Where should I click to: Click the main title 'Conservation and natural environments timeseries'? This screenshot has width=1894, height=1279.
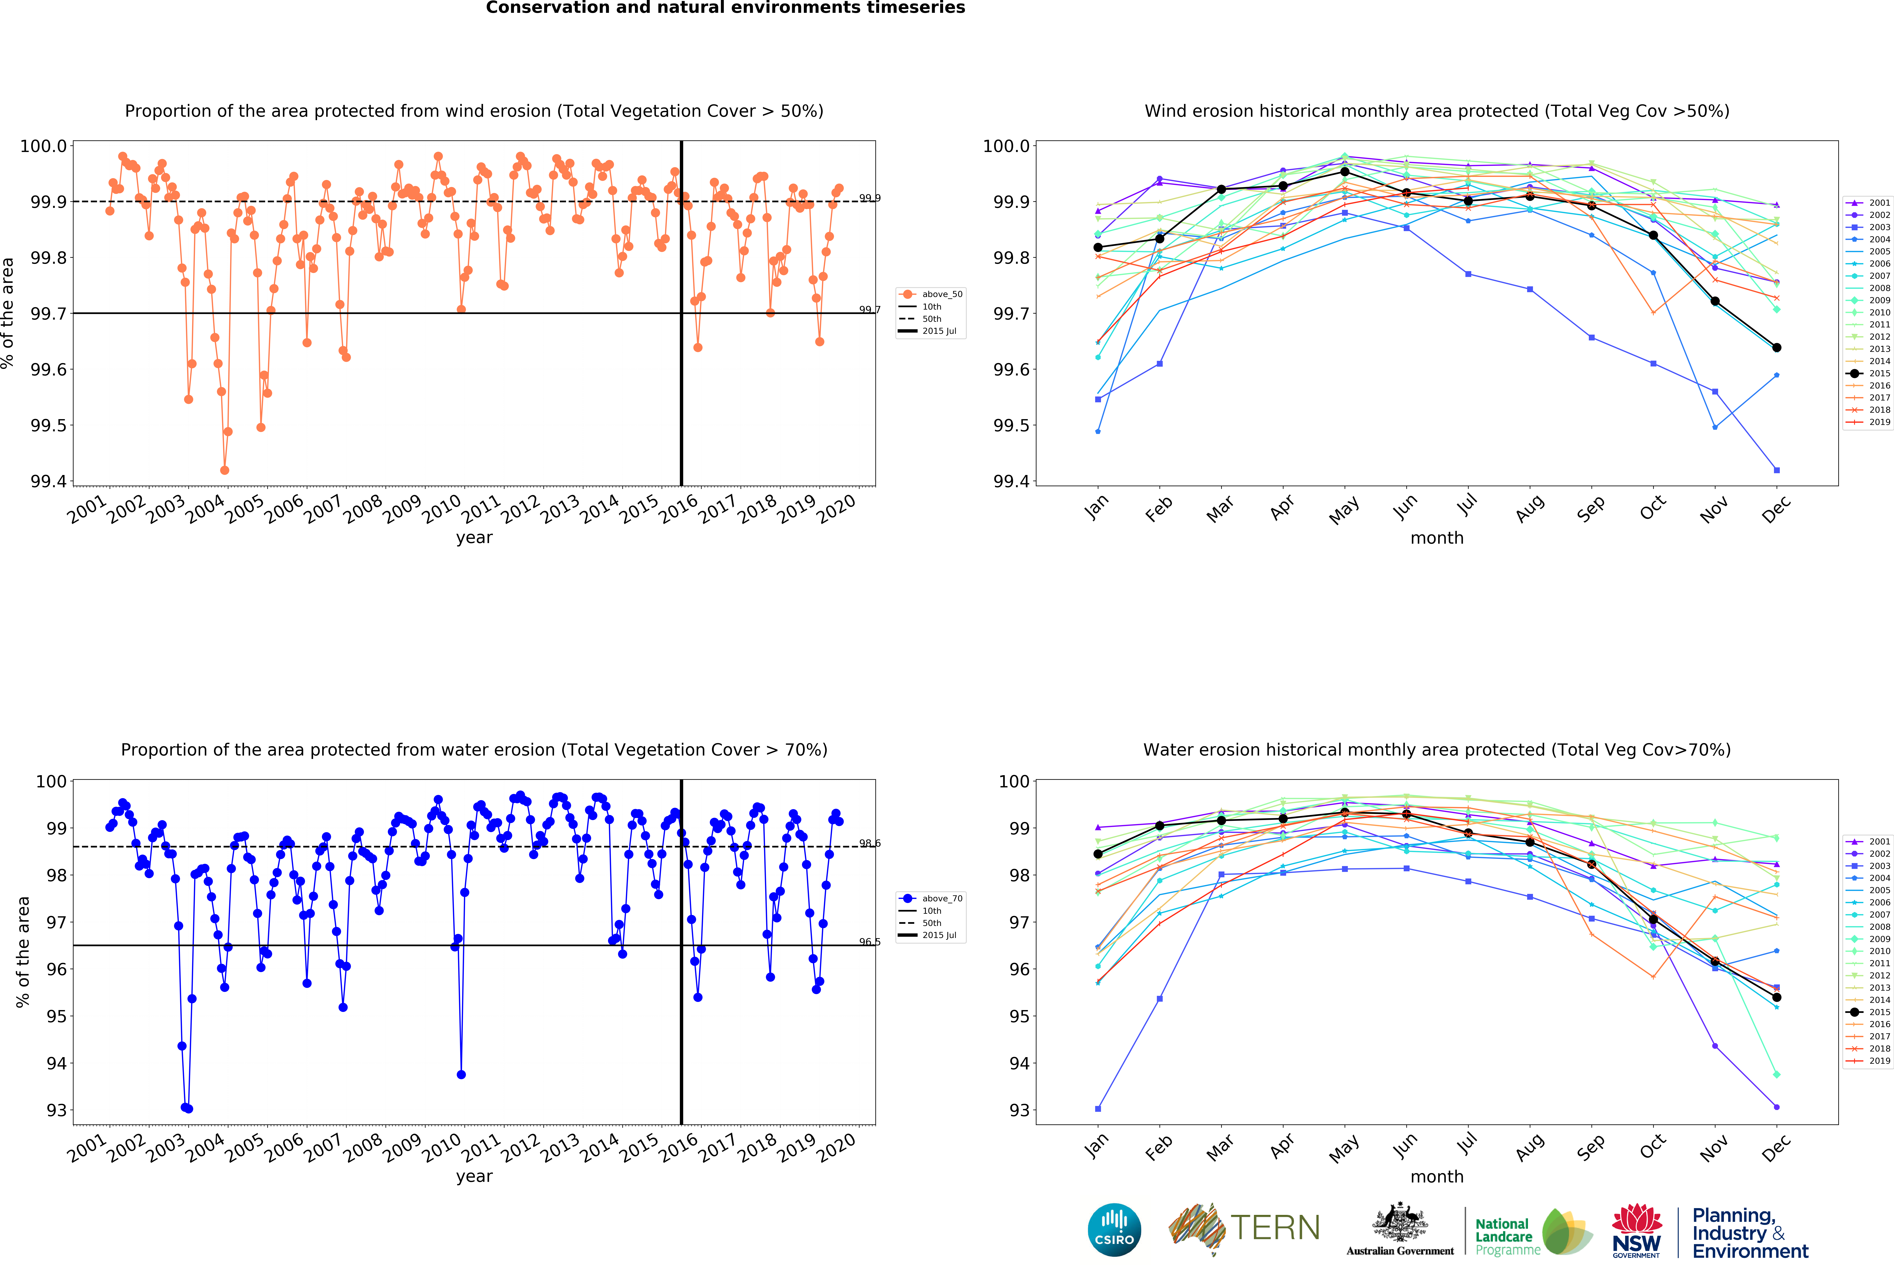[x=725, y=8]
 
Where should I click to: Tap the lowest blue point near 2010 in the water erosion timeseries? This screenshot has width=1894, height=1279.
[x=461, y=1075]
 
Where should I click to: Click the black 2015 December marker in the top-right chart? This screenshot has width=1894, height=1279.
[x=1777, y=348]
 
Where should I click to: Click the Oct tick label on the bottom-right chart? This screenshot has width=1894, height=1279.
[x=1653, y=1147]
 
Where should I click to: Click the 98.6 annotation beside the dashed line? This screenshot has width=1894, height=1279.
[x=870, y=843]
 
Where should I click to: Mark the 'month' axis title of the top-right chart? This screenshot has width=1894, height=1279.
[x=1437, y=538]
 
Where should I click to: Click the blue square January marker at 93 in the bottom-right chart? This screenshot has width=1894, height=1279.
[x=1098, y=1109]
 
